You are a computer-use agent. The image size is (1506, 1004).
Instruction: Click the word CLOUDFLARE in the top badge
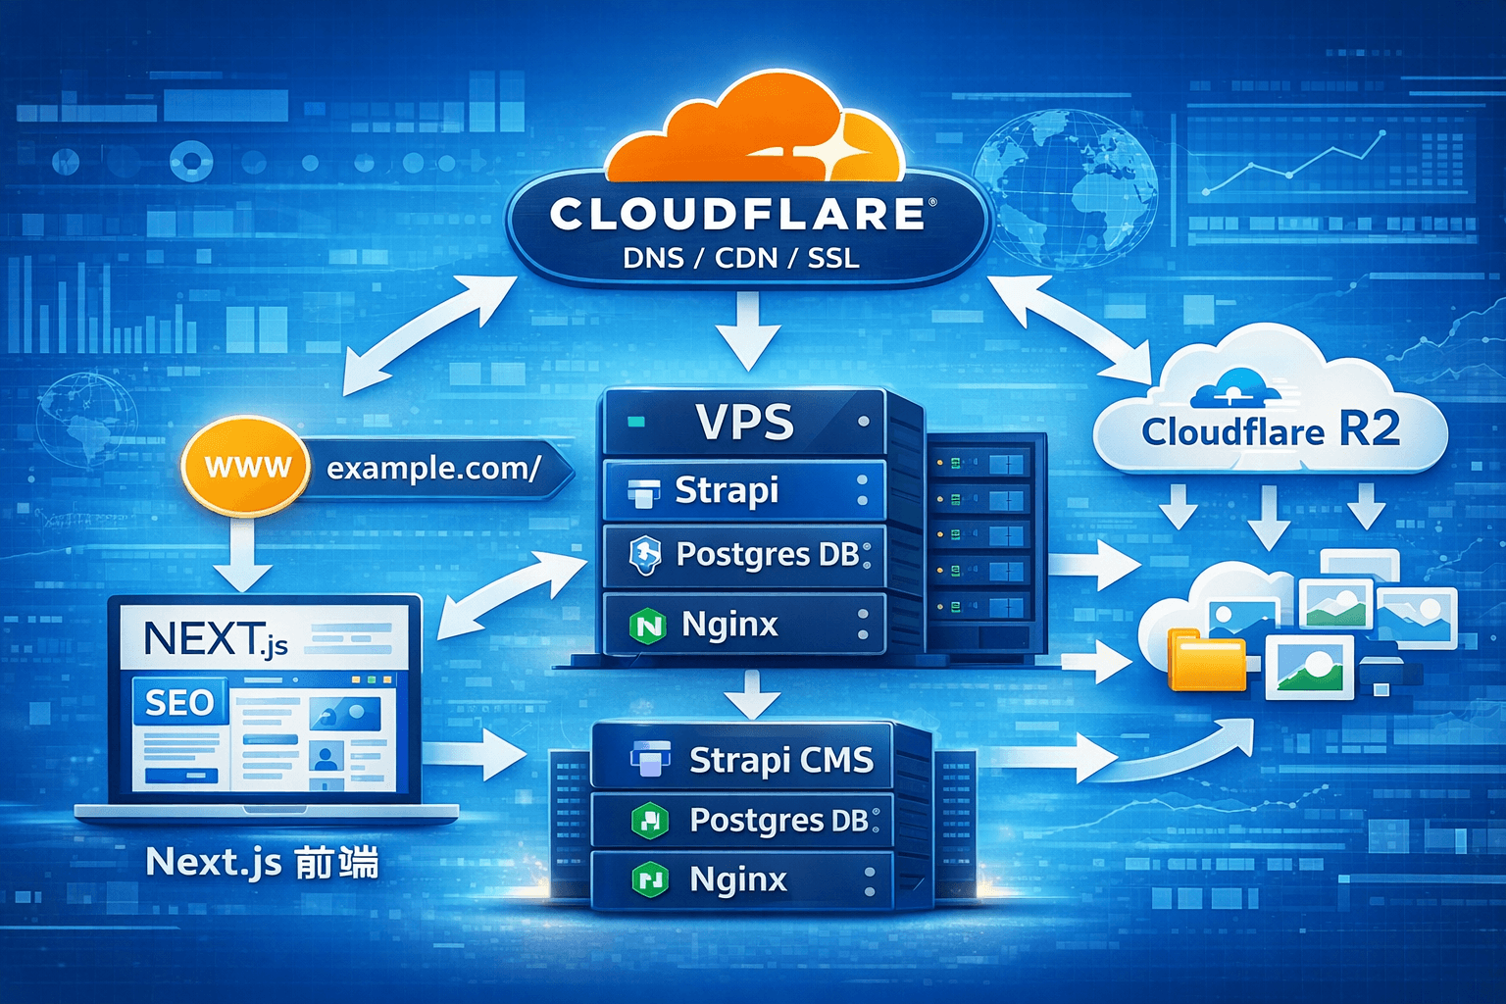click(737, 215)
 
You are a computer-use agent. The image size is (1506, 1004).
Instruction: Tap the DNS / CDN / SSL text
click(741, 259)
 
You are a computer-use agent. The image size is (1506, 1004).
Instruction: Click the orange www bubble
click(246, 467)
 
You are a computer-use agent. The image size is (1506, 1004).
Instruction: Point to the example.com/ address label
click(432, 469)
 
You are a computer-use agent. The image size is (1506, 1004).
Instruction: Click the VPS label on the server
click(744, 423)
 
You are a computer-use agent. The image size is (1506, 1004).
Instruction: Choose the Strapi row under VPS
click(743, 490)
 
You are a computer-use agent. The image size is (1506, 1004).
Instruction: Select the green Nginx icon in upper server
click(647, 626)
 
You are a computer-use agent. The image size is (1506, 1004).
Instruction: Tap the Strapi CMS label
click(780, 760)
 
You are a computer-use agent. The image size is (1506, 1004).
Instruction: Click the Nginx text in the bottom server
click(738, 879)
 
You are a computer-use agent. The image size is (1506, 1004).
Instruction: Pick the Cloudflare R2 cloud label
click(1271, 430)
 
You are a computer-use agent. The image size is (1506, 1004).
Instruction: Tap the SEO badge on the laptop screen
click(179, 702)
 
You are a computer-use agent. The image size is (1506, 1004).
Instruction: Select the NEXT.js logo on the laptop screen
click(216, 639)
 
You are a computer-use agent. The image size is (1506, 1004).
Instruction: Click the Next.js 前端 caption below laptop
click(262, 863)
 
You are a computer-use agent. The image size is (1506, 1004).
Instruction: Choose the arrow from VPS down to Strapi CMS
click(752, 695)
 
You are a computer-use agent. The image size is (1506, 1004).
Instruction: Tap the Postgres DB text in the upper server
click(768, 555)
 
